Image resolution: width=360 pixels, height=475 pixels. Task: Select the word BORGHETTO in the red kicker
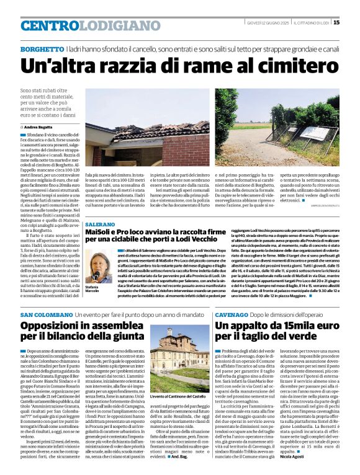[42, 48]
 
